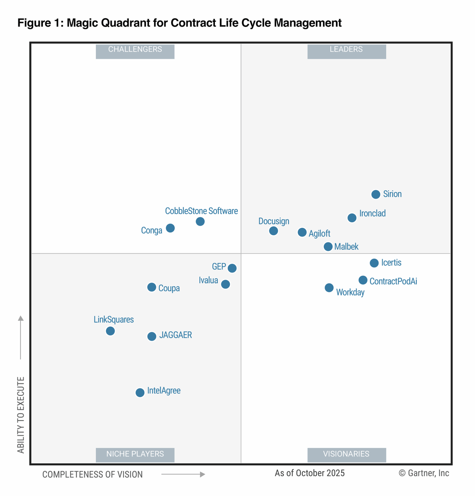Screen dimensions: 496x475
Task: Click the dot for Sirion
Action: click(x=376, y=194)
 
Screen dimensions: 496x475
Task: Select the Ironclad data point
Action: click(x=352, y=218)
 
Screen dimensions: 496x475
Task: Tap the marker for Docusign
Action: click(x=274, y=231)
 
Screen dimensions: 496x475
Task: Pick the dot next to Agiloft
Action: click(x=302, y=232)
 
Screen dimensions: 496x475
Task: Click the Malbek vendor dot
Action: click(x=328, y=247)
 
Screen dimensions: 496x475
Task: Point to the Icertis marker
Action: click(x=374, y=263)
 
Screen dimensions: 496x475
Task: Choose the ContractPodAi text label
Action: click(x=393, y=281)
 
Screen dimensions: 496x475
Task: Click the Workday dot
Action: click(x=329, y=288)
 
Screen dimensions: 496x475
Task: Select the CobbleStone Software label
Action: click(x=201, y=211)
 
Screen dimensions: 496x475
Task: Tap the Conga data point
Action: click(x=170, y=228)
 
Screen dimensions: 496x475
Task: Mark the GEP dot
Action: click(x=232, y=268)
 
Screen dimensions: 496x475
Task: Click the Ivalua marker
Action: click(x=226, y=284)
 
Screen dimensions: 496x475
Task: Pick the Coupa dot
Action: click(x=152, y=287)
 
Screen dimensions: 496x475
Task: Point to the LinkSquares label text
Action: click(x=114, y=319)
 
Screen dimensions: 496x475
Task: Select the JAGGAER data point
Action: click(x=152, y=336)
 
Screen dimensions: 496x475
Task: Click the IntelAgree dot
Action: click(x=140, y=393)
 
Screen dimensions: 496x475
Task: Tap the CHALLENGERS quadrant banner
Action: click(x=135, y=51)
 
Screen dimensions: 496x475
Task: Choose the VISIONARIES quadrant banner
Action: click(x=346, y=455)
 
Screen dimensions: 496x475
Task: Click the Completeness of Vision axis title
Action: click(x=93, y=474)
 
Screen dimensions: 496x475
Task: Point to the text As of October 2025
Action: click(x=309, y=473)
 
